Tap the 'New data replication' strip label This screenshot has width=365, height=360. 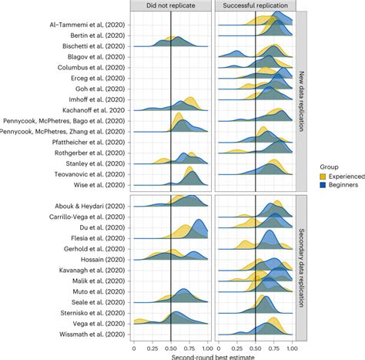tap(301, 100)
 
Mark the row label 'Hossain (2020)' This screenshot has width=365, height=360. tap(100, 262)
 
